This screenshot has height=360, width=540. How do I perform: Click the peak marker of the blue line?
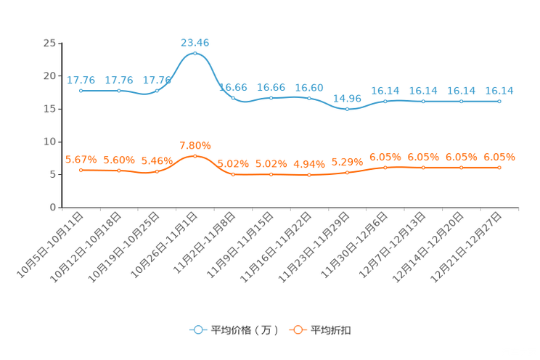(x=195, y=53)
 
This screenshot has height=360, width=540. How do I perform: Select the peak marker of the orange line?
(x=195, y=156)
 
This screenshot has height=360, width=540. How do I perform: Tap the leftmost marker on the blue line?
(x=81, y=91)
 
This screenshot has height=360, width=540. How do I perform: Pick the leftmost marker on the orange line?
(x=81, y=169)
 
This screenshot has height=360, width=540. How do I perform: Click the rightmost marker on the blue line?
(x=499, y=102)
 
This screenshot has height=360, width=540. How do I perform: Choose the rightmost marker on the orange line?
(x=499, y=167)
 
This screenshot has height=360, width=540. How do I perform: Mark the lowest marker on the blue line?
(x=347, y=109)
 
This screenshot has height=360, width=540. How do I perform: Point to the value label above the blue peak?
(x=195, y=43)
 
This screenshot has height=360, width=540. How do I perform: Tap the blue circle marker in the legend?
(x=197, y=330)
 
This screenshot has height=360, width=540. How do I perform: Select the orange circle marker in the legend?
(x=297, y=330)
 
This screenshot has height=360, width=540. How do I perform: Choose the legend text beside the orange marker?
(x=331, y=330)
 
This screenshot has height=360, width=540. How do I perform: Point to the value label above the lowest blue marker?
(x=347, y=98)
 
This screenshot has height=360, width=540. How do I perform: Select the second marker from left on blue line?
(x=118, y=91)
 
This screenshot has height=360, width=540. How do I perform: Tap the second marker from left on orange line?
(x=118, y=170)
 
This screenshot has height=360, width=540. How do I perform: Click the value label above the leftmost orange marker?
(x=81, y=159)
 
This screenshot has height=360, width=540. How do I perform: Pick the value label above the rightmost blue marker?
(x=499, y=91)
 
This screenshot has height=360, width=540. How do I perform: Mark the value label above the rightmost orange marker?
(x=499, y=156)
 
